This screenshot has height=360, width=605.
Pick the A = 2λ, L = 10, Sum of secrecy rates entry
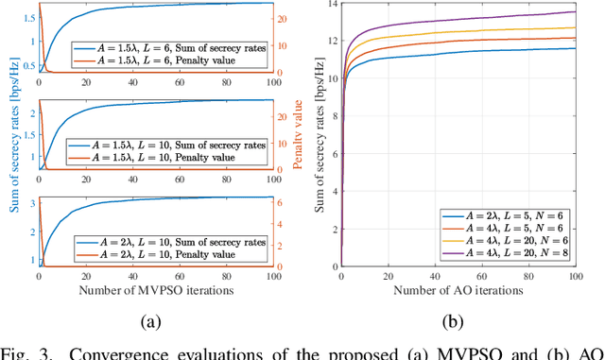click(169, 242)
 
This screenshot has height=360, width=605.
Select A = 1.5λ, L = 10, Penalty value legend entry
click(169, 158)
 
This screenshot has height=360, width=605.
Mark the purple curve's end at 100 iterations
click(574, 11)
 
